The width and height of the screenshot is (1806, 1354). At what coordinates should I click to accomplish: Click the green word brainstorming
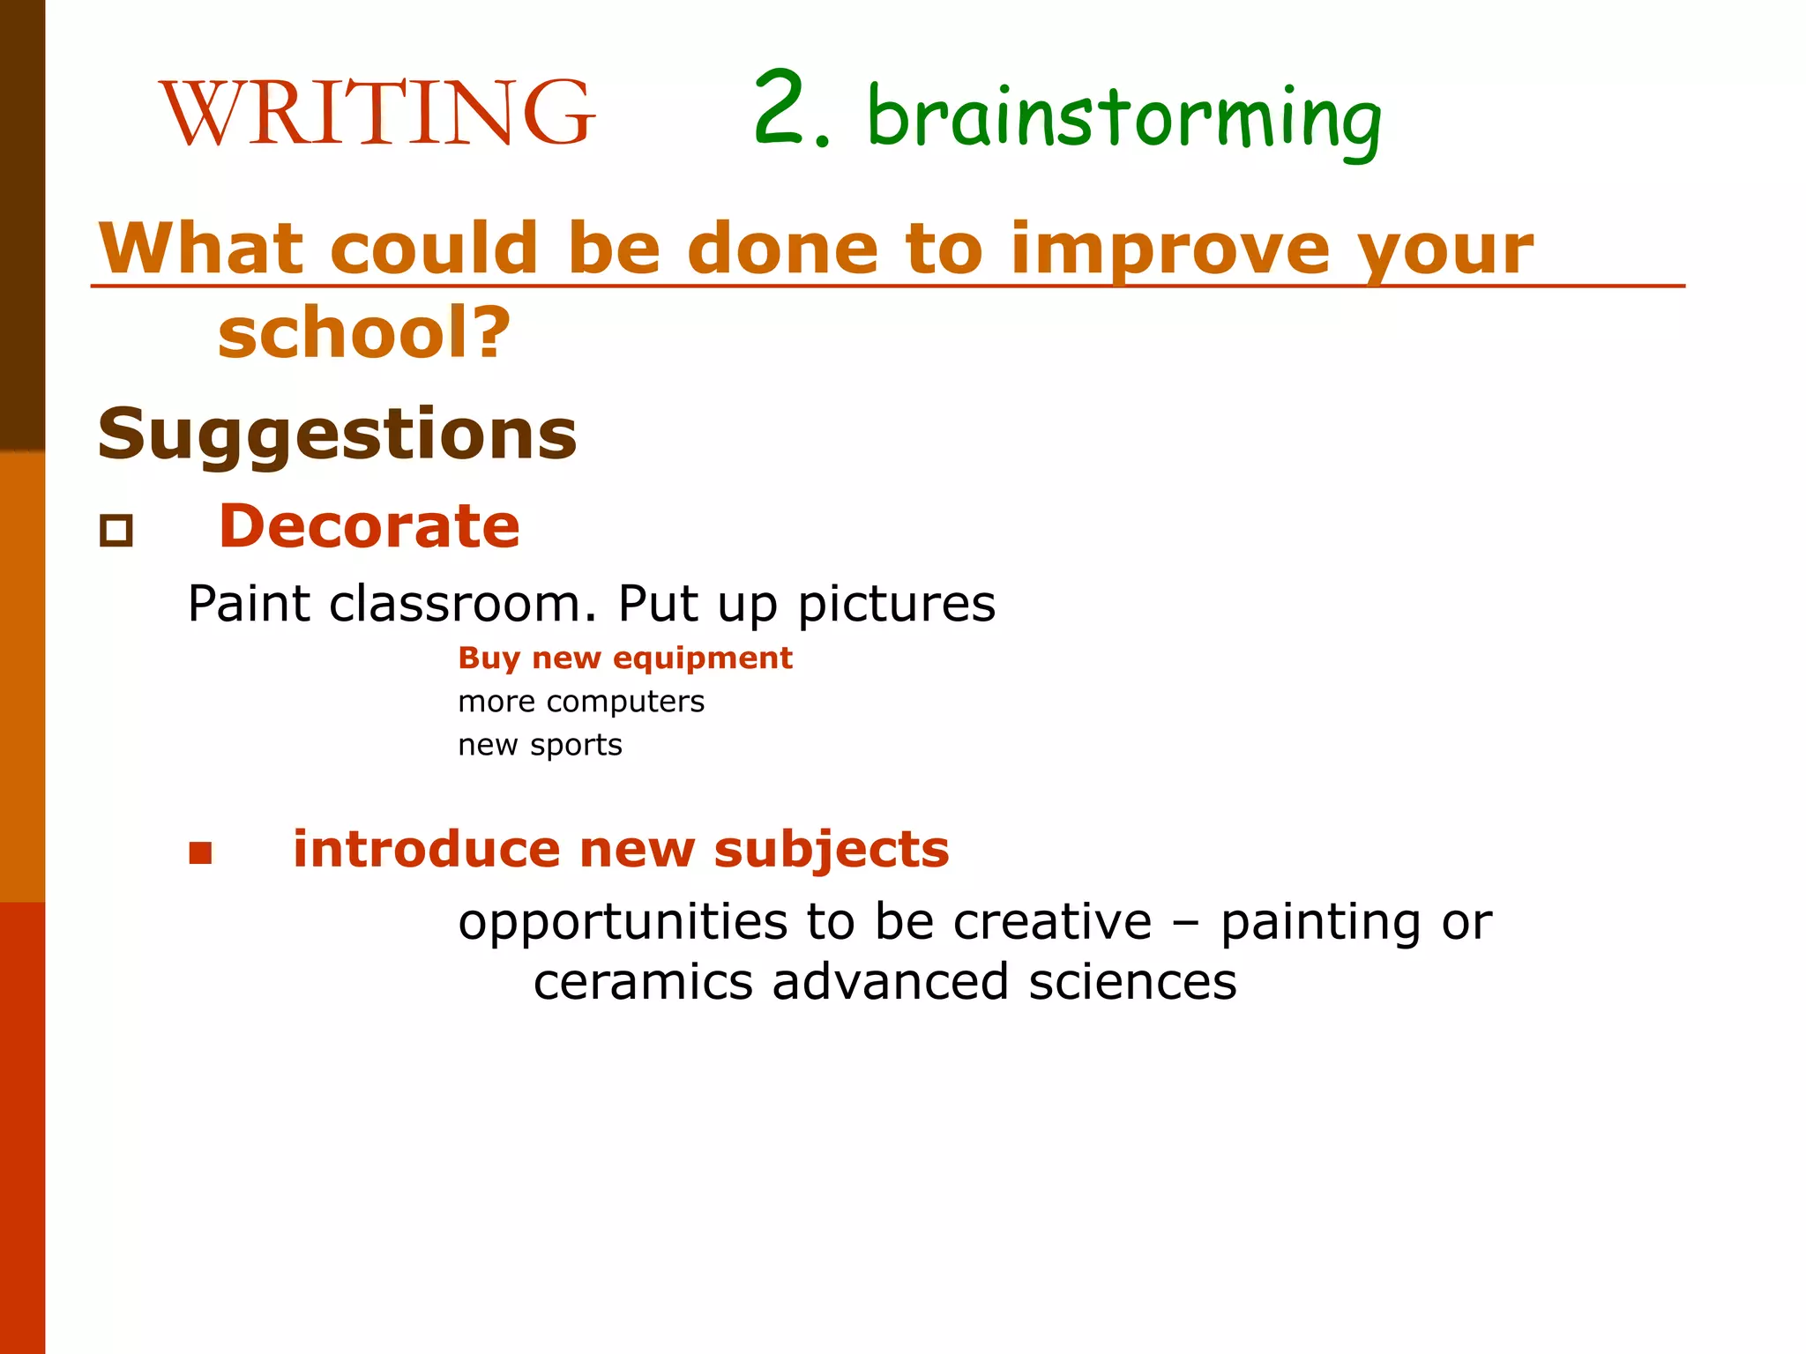1123,119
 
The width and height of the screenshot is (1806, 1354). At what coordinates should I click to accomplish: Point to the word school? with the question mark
364,333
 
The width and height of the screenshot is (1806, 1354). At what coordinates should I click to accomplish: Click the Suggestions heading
337,434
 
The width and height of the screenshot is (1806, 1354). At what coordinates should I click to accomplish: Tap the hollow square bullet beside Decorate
116,531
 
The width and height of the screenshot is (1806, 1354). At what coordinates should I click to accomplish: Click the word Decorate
369,526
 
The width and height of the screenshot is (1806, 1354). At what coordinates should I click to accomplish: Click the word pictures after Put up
896,605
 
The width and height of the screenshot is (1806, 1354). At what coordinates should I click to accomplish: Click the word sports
576,746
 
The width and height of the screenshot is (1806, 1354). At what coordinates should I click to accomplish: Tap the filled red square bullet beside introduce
201,852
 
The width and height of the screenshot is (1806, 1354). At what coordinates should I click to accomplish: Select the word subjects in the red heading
831,850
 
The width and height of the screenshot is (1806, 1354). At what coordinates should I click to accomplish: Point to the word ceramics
643,982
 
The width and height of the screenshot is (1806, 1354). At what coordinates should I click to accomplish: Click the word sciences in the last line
1132,982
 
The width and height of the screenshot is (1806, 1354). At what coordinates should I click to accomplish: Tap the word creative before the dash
1052,922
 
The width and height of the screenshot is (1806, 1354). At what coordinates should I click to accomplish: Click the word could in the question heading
433,249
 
